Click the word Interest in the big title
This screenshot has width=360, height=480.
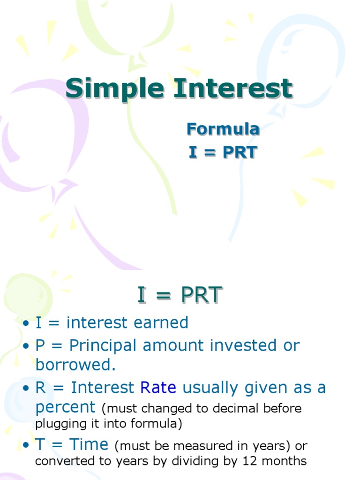point(233,89)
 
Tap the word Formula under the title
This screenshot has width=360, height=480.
point(223,129)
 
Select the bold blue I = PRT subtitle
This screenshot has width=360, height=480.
point(223,152)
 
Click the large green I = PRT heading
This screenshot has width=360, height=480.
point(179,295)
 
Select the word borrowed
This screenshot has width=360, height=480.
point(75,365)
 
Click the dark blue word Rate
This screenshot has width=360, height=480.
point(158,388)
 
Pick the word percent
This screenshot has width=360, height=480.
point(65,407)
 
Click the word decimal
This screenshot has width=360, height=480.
point(232,408)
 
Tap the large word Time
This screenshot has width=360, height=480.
point(89,444)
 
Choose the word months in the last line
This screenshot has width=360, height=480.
point(285,461)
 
